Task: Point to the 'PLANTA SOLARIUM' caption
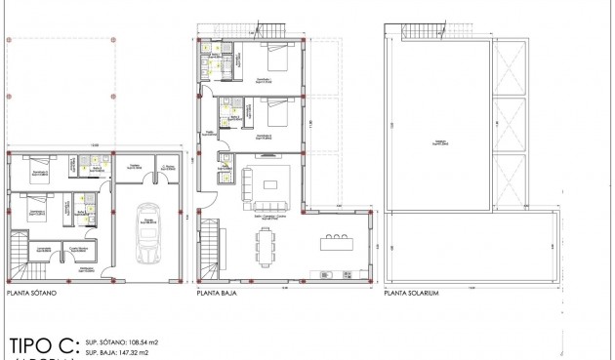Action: coord(411,292)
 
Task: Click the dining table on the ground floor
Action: coord(266,248)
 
